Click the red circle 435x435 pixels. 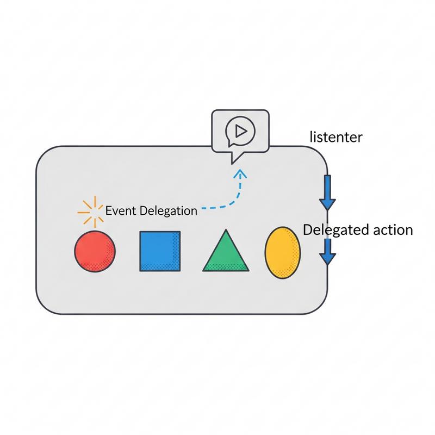coord(95,251)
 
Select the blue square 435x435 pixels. coord(160,251)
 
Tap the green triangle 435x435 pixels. coord(226,252)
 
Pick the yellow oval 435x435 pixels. coord(282,251)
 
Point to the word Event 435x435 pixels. coord(121,211)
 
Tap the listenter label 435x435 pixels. coord(335,137)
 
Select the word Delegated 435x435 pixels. coord(331,230)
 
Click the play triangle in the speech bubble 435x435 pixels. coord(239,130)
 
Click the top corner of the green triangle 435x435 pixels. coord(226,231)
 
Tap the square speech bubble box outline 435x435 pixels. coord(213,130)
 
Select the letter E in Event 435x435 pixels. coord(108,211)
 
